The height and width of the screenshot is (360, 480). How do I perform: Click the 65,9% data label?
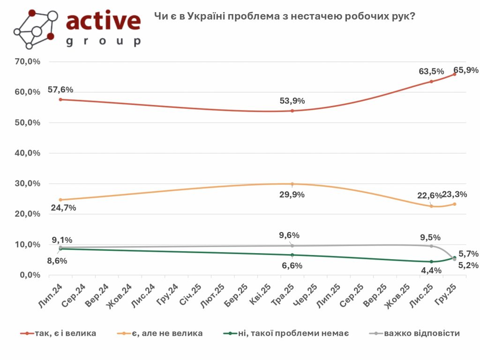466,70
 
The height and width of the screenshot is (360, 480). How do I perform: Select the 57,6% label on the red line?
60,90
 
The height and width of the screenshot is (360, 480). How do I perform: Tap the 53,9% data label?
292,101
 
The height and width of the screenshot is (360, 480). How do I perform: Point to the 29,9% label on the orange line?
292,195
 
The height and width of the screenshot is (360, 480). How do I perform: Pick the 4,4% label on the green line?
431,271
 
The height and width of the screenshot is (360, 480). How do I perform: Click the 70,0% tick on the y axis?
29,62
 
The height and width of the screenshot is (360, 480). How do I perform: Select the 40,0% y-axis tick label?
29,153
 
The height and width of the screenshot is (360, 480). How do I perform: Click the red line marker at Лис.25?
431,82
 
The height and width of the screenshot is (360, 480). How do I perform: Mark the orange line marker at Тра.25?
292,184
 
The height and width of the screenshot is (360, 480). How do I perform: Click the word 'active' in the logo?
103,21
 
